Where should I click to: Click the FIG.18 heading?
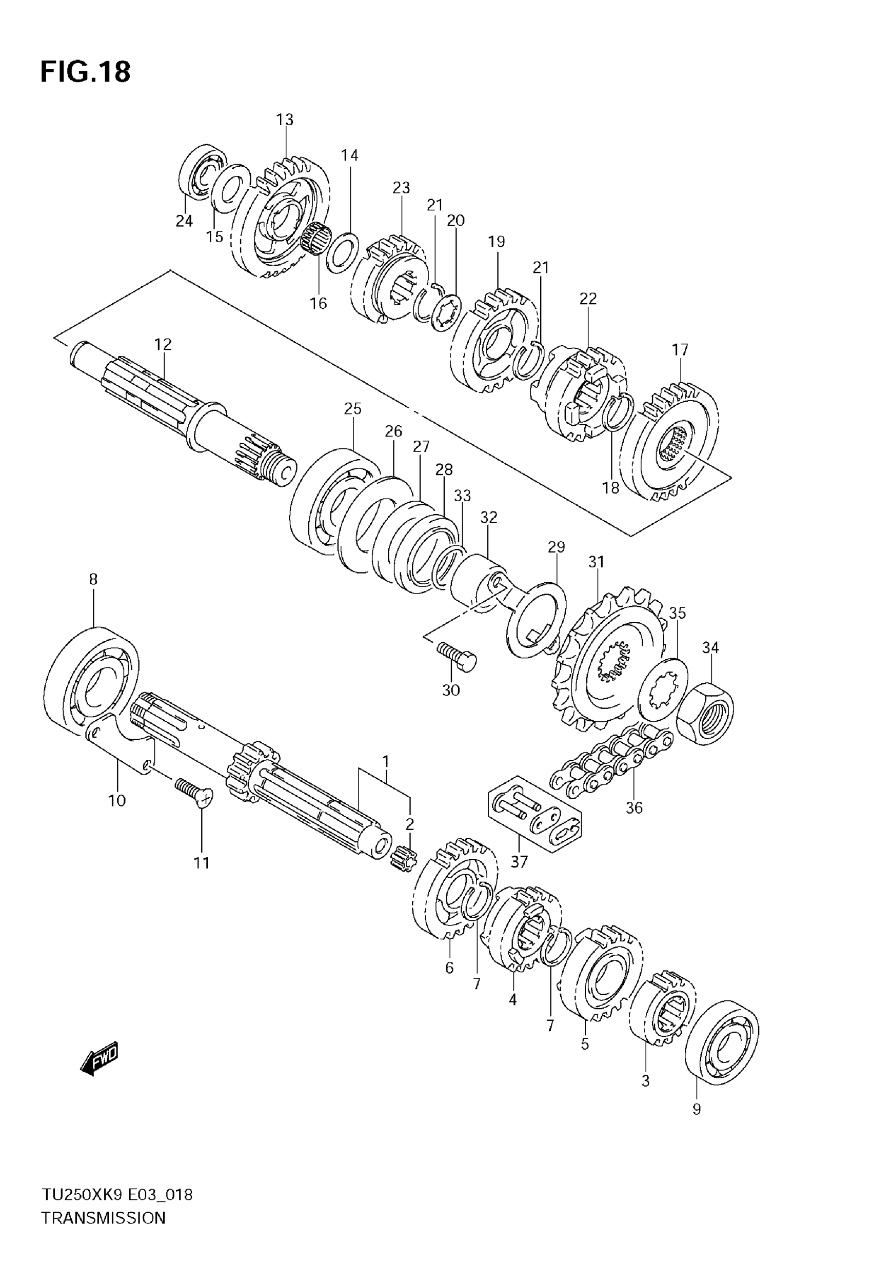[x=85, y=72]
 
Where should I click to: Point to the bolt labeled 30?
[x=457, y=656]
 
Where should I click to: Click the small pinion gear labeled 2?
[x=404, y=858]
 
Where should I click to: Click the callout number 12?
[x=163, y=344]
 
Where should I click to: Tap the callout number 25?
[x=353, y=409]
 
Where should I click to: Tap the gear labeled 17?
[x=672, y=441]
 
